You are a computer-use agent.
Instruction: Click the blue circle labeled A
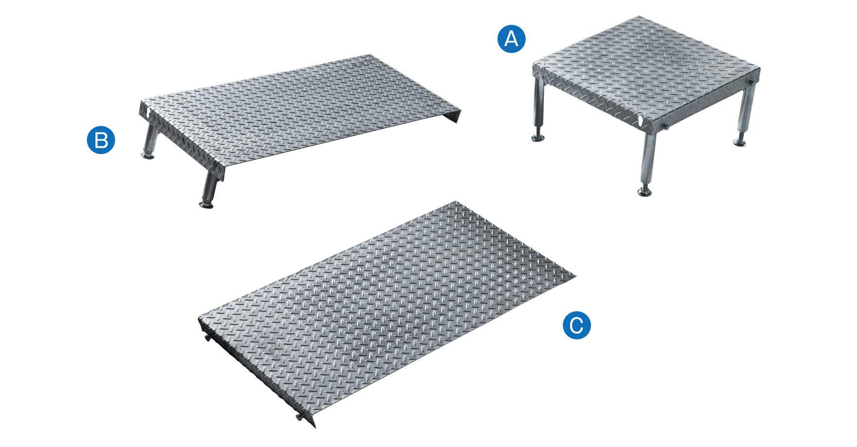[511, 38]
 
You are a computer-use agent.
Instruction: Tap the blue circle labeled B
[101, 140]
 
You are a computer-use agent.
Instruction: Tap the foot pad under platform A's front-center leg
[645, 192]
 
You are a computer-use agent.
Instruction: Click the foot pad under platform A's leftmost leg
[538, 138]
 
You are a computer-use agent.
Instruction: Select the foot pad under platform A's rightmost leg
[740, 142]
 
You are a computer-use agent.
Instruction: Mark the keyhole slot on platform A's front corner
[642, 120]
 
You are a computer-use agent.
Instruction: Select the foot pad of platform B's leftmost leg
[148, 156]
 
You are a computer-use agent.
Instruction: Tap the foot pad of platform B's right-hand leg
[207, 205]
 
